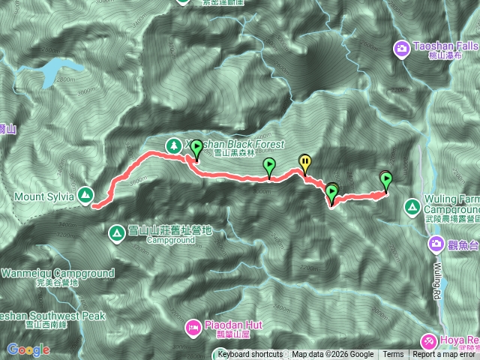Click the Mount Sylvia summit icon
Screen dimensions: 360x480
(85, 196)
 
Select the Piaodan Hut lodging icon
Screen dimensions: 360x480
(193, 326)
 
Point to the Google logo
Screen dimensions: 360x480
(28, 349)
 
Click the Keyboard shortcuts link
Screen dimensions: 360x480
(250, 355)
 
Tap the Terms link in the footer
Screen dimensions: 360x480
(393, 355)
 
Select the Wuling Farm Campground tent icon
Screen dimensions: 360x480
(412, 206)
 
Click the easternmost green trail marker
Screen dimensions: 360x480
(386, 181)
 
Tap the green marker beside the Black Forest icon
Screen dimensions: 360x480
(196, 148)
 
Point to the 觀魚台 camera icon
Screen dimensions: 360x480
(436, 244)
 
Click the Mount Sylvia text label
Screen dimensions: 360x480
(42, 196)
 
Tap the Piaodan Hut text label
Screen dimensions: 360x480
(232, 326)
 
